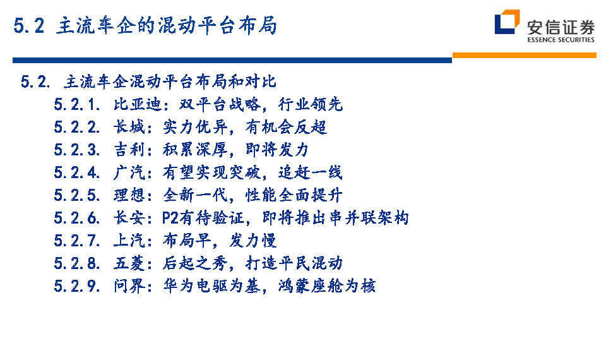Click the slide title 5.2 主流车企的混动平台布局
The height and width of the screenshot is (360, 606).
click(145, 26)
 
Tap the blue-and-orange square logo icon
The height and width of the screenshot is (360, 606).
click(507, 21)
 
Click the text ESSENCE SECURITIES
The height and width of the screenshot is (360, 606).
click(561, 39)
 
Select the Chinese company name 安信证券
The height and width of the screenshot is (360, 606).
click(561, 27)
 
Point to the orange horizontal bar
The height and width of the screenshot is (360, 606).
click(524, 56)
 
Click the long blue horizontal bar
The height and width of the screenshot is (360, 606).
click(232, 61)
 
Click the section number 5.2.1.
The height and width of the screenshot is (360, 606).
click(77, 104)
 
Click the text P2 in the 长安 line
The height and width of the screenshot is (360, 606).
click(170, 218)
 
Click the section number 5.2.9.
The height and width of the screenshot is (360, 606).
click(77, 286)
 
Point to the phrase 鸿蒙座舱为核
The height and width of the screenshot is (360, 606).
click(327, 286)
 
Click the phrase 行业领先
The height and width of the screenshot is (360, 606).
click(311, 104)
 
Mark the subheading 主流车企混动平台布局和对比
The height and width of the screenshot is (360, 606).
click(170, 81)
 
